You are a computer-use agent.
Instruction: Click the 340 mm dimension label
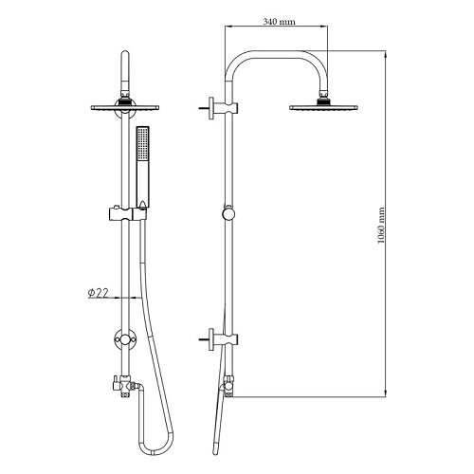pos(279,22)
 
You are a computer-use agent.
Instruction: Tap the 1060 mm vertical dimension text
pos(381,226)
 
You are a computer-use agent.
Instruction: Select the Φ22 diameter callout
pos(98,293)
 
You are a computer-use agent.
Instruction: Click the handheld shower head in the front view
pos(142,167)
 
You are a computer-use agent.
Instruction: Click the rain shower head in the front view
pos(125,107)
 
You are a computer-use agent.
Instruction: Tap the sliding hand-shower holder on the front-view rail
pos(127,214)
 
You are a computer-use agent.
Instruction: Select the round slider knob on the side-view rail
pos(228,213)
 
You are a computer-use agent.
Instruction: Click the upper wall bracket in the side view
pos(219,108)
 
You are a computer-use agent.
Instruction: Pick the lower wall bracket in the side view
pos(219,339)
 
